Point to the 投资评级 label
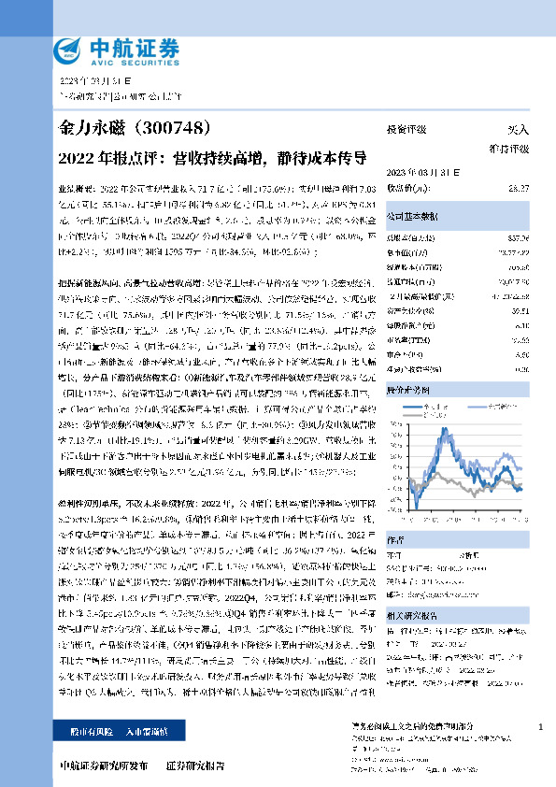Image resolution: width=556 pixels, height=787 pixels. point(406,130)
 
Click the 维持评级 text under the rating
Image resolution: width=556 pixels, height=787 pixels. point(509,148)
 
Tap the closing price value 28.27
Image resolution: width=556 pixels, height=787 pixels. point(519,188)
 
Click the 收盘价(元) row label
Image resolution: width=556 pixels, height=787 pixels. point(406,188)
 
